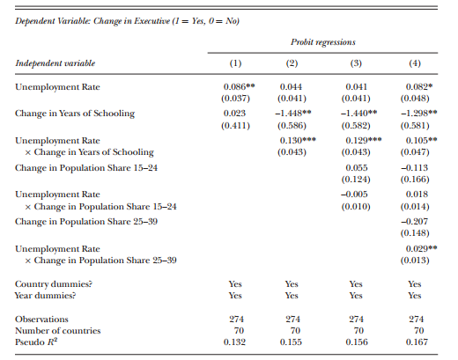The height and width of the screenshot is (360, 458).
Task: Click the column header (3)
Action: [x=356, y=63]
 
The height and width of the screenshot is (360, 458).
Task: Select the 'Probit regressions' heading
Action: [x=323, y=42]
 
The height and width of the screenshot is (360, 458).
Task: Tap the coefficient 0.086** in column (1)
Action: [x=239, y=87]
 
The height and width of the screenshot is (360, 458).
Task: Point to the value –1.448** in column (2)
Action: [x=293, y=114]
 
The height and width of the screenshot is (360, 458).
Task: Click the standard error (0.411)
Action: [x=235, y=126]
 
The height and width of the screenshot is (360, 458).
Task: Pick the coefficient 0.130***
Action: [x=298, y=141]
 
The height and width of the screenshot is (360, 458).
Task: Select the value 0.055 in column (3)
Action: [x=357, y=168]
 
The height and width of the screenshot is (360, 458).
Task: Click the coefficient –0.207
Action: [x=414, y=221]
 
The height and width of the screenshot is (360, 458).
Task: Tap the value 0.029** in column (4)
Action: [x=421, y=249]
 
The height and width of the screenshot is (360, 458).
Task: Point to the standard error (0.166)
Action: [x=415, y=180]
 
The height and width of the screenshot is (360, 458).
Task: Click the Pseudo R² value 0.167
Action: [x=417, y=342]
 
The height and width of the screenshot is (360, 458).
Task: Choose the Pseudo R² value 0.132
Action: [x=234, y=342]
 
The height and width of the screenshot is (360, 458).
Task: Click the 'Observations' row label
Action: [x=41, y=320]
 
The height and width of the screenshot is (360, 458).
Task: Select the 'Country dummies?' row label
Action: [x=54, y=284]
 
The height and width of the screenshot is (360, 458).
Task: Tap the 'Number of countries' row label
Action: [x=58, y=331]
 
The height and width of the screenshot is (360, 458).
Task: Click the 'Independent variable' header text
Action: [x=55, y=63]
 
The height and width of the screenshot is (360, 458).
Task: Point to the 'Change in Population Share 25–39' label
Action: [x=86, y=222]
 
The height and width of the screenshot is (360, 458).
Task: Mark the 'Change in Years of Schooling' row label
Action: [x=75, y=114]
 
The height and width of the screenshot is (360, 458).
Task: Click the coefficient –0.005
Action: [x=354, y=195]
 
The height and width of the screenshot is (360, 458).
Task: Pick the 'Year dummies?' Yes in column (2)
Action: [x=292, y=296]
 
